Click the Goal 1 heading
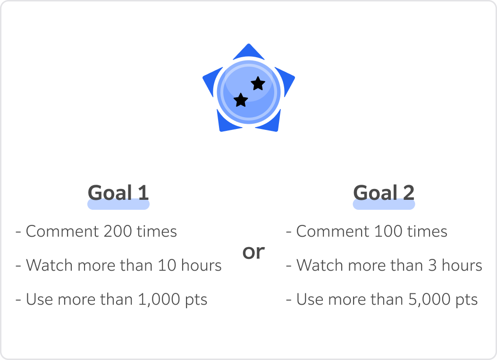point(118,193)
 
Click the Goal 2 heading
point(384,193)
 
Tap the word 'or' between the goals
point(253,253)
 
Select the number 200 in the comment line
point(118,231)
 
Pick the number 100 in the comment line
point(388,231)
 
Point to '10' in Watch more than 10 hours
point(167,265)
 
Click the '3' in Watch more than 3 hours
point(432,265)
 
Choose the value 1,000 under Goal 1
point(159,300)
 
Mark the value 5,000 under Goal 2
point(430,300)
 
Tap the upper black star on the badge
point(258,84)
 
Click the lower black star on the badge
point(241,100)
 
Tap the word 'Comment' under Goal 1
point(62,231)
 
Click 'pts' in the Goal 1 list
point(196,300)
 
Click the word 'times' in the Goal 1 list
point(157,231)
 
